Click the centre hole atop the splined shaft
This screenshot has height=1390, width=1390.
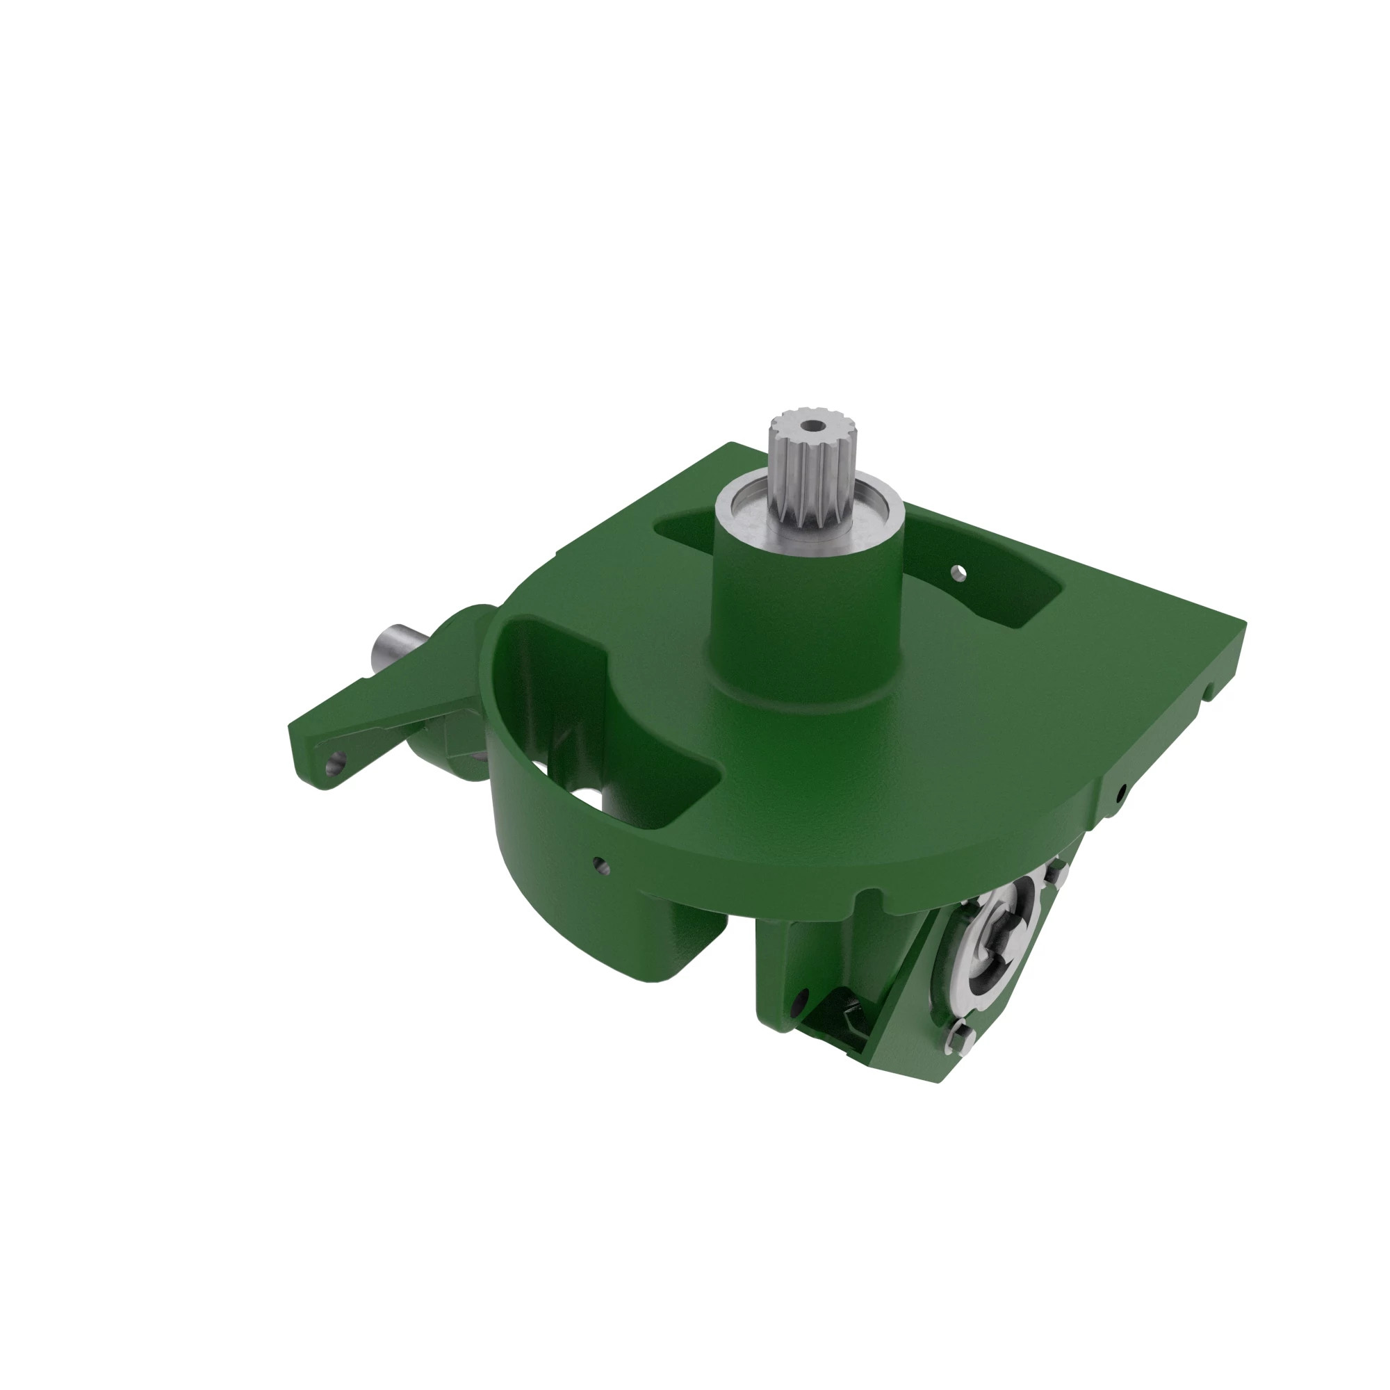point(813,427)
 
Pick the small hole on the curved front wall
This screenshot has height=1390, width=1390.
point(598,861)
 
